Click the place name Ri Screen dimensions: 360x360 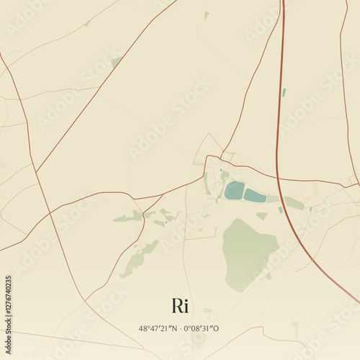pyautogui.click(x=180, y=305)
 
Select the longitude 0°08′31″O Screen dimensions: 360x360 pyautogui.click(x=202, y=328)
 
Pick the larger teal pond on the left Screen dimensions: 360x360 pyautogui.click(x=234, y=191)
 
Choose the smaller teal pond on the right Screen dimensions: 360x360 pyautogui.click(x=255, y=196)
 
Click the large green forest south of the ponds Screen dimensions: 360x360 pyautogui.click(x=248, y=252)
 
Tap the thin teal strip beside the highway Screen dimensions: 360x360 pyautogui.click(x=284, y=93)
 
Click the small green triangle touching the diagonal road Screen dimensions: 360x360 pyautogui.click(x=116, y=63)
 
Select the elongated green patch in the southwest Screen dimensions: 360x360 pyautogui.click(x=138, y=259)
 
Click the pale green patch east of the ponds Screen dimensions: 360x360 pyautogui.click(x=294, y=204)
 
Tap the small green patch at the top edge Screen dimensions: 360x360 pyautogui.click(x=206, y=14)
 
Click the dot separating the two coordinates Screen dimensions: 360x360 pyautogui.click(x=179, y=328)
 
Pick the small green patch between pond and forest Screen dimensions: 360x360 pyautogui.click(x=262, y=215)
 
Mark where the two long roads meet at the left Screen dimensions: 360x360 pyautogui.click(x=36, y=172)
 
